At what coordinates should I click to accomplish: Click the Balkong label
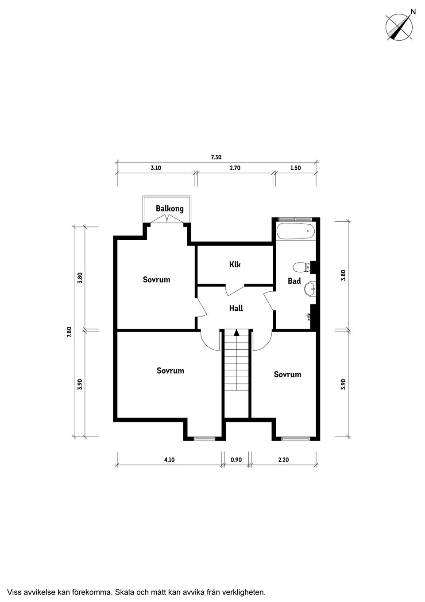(170, 209)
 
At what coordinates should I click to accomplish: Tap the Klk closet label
(235, 265)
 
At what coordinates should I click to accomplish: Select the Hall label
(236, 308)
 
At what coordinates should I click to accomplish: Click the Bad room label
(294, 281)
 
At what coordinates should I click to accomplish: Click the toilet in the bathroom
(301, 267)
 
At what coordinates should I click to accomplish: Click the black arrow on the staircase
(236, 333)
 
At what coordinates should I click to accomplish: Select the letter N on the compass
(413, 12)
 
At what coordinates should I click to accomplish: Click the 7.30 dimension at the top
(216, 157)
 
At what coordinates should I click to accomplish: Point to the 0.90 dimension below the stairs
(236, 460)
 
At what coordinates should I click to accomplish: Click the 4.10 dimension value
(169, 460)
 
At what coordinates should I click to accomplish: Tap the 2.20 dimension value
(283, 460)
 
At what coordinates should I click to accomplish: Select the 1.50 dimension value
(295, 168)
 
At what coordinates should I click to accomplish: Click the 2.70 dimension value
(235, 168)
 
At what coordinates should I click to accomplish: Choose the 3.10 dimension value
(156, 168)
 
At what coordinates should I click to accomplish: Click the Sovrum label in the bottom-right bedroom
(287, 375)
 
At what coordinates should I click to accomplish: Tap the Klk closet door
(235, 290)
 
